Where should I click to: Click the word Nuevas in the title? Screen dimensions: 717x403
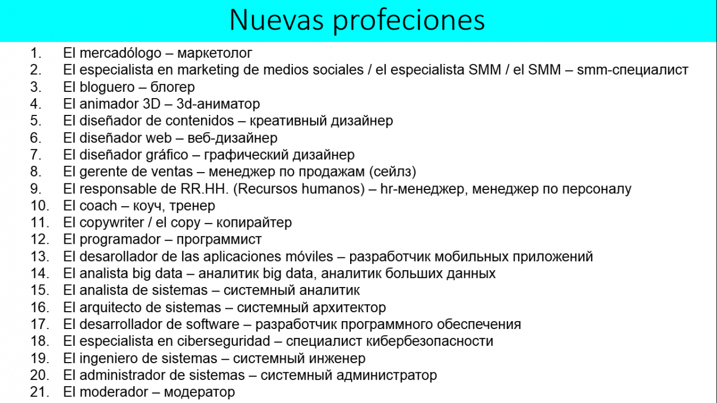277,20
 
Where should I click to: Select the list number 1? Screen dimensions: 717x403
36,53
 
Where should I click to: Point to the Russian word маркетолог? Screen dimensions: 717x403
215,53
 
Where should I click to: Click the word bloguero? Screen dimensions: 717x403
107,87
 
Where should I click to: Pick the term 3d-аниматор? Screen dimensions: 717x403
218,104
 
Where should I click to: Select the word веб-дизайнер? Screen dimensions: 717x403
232,138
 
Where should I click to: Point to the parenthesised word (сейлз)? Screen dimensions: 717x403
393,172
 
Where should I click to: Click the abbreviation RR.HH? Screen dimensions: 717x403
204,189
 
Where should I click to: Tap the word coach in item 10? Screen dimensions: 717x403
98,206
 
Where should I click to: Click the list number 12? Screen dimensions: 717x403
40,240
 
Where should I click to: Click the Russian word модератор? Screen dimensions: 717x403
199,392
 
